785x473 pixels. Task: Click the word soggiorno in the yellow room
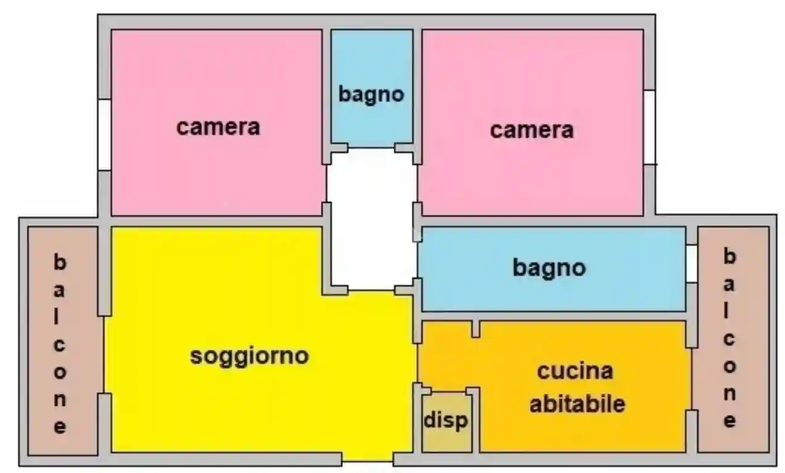[249, 356]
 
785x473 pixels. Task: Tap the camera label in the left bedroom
[218, 127]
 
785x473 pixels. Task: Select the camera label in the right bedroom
[531, 130]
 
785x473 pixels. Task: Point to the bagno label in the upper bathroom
[371, 94]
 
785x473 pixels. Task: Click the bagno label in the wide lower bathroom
[549, 267]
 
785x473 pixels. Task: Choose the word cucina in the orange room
[575, 371]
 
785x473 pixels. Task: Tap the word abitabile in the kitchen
[578, 404]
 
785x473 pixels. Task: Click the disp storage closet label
[446, 421]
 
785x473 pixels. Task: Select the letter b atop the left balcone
[59, 263]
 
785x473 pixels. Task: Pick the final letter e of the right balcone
[729, 421]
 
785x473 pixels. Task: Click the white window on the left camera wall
[104, 134]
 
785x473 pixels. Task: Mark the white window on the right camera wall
[649, 127]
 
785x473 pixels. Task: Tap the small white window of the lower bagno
[691, 264]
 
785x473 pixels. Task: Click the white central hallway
[371, 219]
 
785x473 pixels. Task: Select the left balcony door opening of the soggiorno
[104, 354]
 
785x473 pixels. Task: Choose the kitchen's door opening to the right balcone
[691, 379]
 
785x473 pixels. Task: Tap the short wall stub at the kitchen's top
[475, 328]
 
